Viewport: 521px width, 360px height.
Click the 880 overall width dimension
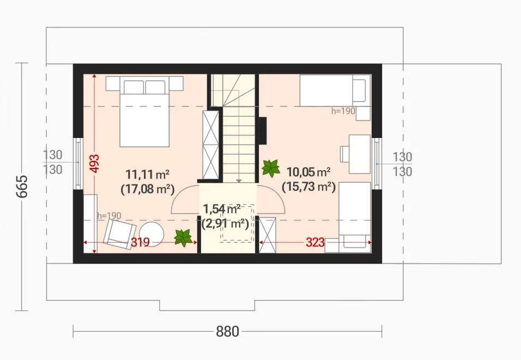[x=228, y=332]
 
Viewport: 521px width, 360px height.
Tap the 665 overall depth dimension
[x=22, y=187]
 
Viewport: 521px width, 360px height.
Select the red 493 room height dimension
[x=95, y=163]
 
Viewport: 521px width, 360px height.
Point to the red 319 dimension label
[x=140, y=242]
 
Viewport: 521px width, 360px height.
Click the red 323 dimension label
[x=315, y=242]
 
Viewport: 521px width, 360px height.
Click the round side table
[x=151, y=234]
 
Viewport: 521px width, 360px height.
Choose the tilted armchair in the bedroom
[x=119, y=235]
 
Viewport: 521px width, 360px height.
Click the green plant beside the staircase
[x=271, y=168]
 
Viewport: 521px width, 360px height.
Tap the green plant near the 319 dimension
[x=183, y=238]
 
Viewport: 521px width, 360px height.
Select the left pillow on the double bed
[x=134, y=87]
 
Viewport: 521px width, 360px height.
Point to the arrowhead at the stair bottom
[x=239, y=181]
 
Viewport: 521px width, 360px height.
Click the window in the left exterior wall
[x=78, y=163]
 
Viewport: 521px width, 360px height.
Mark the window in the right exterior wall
[x=377, y=163]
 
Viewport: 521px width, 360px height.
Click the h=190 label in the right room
[x=343, y=111]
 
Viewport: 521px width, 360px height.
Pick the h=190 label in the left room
[x=110, y=216]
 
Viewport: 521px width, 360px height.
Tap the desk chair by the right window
[x=344, y=154]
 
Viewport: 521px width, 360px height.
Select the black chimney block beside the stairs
[x=263, y=131]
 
